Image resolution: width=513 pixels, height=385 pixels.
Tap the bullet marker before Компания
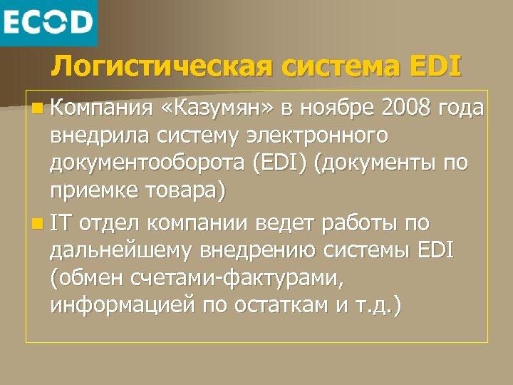pyautogui.click(x=36, y=108)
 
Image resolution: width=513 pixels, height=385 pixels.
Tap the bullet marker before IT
pyautogui.click(x=36, y=223)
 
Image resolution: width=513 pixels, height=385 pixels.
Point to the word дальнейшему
pyautogui.click(x=125, y=251)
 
